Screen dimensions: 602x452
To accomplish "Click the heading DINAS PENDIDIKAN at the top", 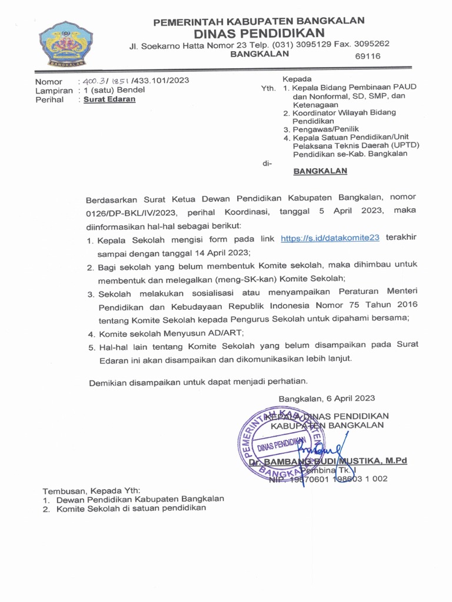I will pos(259,32).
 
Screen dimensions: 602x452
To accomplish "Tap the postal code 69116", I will pos(368,56).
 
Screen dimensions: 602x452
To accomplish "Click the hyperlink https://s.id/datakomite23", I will pos(330,238).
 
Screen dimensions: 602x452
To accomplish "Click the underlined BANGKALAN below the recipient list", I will pos(320,171).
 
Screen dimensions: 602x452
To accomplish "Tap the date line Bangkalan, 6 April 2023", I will pos(327,398).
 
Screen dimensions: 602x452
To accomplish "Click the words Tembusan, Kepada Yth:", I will pos(91,490).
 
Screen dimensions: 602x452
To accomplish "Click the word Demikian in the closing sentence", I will pos(109,383).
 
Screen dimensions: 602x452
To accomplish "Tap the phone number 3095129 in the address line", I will pos(303,44).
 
